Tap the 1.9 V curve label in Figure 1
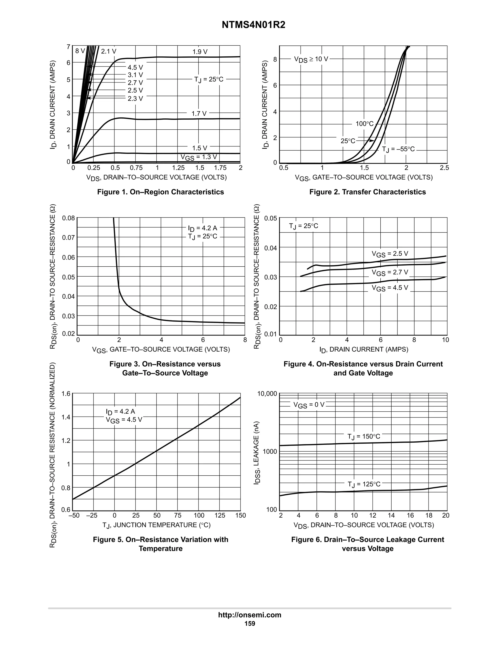(x=200, y=52)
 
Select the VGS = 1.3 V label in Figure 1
(x=199, y=157)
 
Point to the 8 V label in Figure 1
(x=80, y=51)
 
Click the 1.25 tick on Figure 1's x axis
(x=178, y=168)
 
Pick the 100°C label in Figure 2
(x=364, y=124)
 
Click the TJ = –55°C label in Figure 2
(x=398, y=149)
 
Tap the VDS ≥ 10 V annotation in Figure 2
(x=311, y=59)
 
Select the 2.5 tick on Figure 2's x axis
(x=444, y=168)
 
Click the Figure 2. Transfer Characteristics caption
(x=367, y=192)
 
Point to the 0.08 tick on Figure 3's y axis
(x=68, y=218)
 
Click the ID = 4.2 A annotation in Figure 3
(x=203, y=228)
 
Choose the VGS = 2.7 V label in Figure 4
(x=390, y=272)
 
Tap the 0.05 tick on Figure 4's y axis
(x=271, y=218)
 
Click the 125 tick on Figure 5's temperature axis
(x=220, y=515)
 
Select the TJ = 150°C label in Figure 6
(x=364, y=437)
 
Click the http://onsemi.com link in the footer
(x=250, y=615)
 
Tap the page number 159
(x=250, y=624)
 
